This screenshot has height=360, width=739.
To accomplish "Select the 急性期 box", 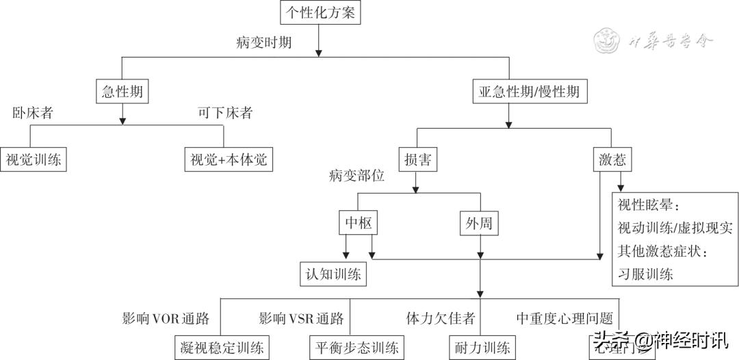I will pos(122,92).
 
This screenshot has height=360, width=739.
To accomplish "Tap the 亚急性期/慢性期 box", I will pos(529,92).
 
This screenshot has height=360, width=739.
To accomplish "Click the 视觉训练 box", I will pos(34,159).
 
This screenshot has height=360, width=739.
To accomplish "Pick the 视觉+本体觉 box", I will pos(229,159).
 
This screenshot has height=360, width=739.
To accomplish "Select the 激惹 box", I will pos(611,160).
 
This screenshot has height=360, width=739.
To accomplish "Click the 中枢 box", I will pos(359,223).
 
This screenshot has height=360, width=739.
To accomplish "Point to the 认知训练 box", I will pos(333,274).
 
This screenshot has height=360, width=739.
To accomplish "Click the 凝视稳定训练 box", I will pos(221,347).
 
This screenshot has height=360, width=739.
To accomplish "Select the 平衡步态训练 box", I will pos(354,347).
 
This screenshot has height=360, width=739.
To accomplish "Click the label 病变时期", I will pos(264,43).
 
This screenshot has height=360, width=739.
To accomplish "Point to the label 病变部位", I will pos(356,176).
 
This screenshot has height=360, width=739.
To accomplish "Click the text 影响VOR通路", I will pos(165,318).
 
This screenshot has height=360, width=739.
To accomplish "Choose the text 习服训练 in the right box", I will pos(645,274).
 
